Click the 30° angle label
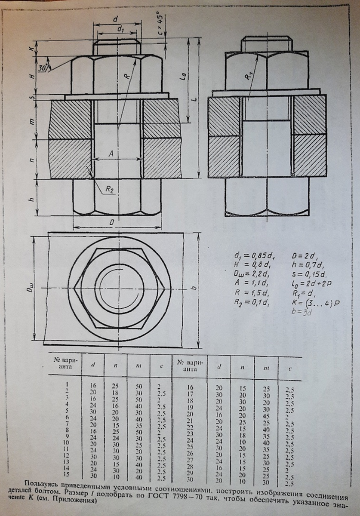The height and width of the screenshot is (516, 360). [x=43, y=68]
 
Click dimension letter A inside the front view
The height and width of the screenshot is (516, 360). [x=111, y=154]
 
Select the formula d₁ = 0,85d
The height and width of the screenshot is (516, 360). [x=249, y=256]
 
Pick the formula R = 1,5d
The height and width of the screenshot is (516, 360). [x=250, y=294]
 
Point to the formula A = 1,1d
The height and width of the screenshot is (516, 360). [x=250, y=284]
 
